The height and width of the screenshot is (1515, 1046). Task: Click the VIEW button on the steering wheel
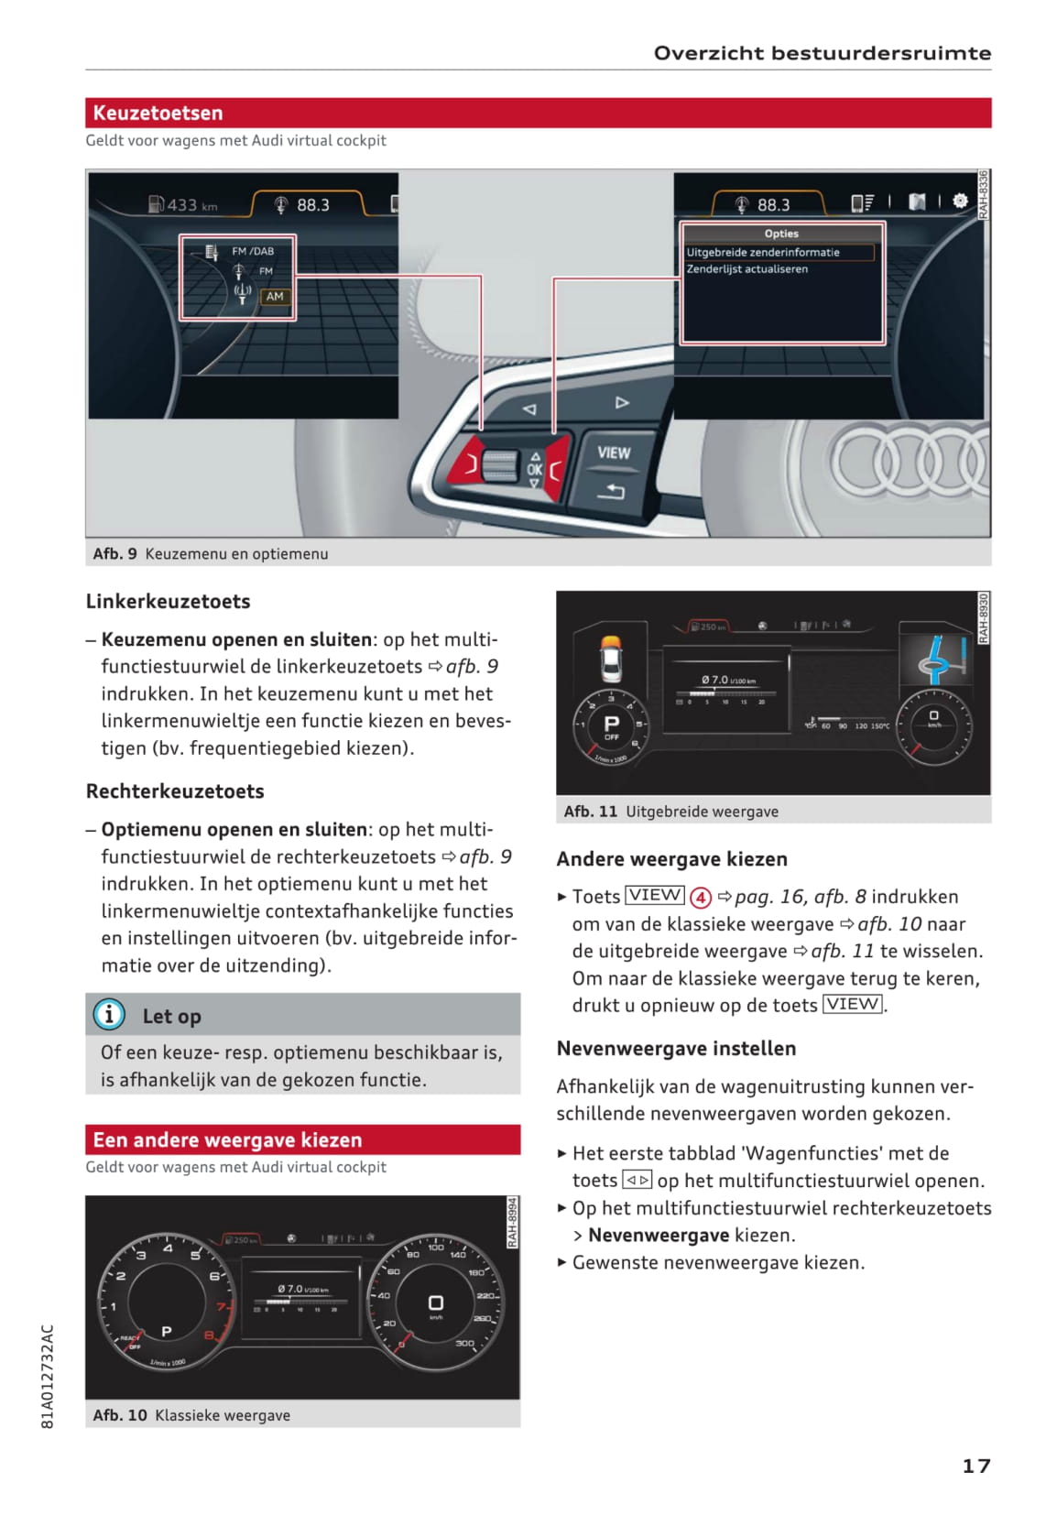point(613,453)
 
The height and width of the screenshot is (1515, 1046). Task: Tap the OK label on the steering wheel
point(535,469)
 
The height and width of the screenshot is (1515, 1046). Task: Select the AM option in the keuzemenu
point(275,297)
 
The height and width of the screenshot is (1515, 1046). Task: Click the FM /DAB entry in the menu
point(252,251)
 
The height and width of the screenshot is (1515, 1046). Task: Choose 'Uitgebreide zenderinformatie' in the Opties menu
point(763,252)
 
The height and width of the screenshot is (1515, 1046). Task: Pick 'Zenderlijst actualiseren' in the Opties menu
point(747,269)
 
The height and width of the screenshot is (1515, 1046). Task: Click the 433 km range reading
point(184,205)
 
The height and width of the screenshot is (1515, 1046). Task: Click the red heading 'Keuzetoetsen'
point(158,113)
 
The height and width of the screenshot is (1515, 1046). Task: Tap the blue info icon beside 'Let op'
point(109,1014)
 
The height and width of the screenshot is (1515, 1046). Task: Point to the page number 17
point(975,1466)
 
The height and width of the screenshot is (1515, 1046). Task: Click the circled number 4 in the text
point(701,898)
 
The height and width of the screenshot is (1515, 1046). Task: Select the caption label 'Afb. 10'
point(120,1415)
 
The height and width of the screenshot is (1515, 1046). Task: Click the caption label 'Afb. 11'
point(591,812)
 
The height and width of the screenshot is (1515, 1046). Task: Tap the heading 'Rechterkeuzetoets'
point(175,791)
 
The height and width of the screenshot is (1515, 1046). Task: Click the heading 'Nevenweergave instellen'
point(676,1049)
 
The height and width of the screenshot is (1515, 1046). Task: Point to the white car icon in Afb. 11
point(610,658)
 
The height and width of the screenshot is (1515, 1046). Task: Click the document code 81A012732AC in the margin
point(49,1376)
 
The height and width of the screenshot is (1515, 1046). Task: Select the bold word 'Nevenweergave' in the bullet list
point(659,1235)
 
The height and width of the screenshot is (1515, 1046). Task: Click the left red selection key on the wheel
point(468,463)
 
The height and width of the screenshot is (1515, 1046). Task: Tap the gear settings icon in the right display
point(960,202)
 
